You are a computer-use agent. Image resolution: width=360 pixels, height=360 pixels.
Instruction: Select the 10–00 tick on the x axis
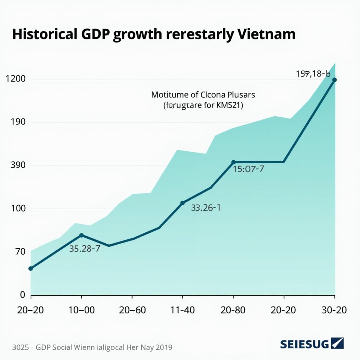click(82, 310)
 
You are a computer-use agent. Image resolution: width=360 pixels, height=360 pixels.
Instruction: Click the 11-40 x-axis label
click(182, 310)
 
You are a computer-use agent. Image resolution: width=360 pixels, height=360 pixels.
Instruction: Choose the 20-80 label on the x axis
click(233, 310)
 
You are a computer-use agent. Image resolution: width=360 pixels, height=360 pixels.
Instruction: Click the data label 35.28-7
click(85, 249)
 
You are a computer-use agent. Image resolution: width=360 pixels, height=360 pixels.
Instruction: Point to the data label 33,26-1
click(206, 208)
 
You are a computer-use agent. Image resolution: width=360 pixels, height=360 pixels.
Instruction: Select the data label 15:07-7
click(249, 169)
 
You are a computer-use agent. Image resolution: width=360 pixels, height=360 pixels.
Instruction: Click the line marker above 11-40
click(182, 203)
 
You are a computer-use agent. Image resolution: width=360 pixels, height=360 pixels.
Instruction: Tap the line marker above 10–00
click(82, 235)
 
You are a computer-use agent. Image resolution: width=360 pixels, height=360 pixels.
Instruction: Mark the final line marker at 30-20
click(334, 80)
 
